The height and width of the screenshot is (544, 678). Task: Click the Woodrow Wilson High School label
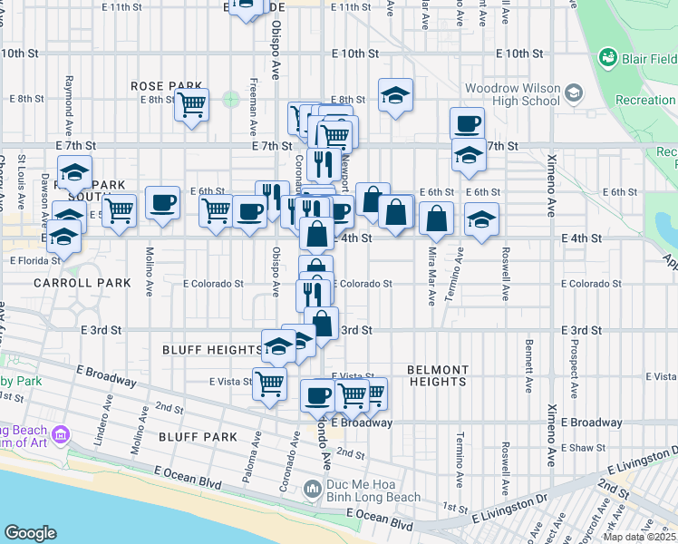(x=512, y=94)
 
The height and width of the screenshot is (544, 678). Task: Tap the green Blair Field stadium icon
(x=607, y=58)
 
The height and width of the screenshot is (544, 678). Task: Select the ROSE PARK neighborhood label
(x=159, y=85)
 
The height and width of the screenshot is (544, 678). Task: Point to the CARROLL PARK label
(x=71, y=283)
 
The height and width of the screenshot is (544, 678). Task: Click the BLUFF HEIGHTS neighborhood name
(x=212, y=349)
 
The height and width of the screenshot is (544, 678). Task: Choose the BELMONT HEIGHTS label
(x=438, y=375)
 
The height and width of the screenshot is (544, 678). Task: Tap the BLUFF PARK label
(x=198, y=437)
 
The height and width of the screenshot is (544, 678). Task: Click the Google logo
(x=30, y=532)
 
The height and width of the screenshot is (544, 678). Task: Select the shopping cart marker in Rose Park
(x=191, y=105)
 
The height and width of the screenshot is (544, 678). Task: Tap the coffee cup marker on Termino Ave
(x=467, y=123)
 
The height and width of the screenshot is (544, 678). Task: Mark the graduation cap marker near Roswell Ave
(x=481, y=218)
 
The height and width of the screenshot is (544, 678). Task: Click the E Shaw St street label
(x=583, y=448)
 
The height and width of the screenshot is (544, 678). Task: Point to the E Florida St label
(x=34, y=260)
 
